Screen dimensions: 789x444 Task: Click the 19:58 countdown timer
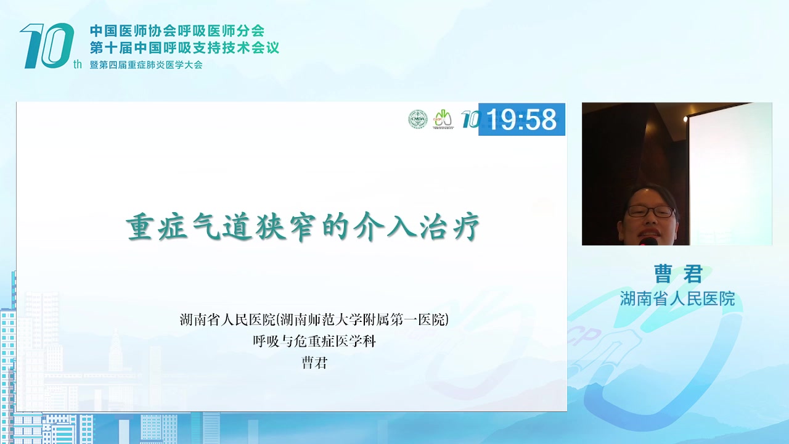(x=521, y=119)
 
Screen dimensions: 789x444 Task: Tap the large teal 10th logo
(x=47, y=46)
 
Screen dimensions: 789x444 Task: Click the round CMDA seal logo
(x=418, y=119)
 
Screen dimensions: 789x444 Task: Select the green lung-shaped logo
(x=443, y=119)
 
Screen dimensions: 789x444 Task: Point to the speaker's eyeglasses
(x=651, y=212)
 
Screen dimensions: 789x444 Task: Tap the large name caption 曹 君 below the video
(x=678, y=274)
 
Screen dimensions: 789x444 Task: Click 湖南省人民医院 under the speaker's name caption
(x=677, y=299)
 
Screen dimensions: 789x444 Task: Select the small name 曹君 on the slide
(x=314, y=363)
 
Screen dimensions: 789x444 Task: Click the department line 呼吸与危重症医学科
(x=314, y=341)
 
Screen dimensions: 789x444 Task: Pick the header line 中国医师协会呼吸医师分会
(x=177, y=31)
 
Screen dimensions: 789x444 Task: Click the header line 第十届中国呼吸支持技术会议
(x=184, y=47)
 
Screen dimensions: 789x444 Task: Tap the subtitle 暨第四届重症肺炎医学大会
(x=146, y=65)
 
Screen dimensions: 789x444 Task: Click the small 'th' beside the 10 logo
(x=78, y=64)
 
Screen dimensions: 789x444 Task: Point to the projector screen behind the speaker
(x=730, y=173)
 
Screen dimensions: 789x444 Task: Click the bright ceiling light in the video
(x=685, y=119)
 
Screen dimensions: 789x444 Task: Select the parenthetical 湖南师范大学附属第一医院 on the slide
(x=362, y=319)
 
